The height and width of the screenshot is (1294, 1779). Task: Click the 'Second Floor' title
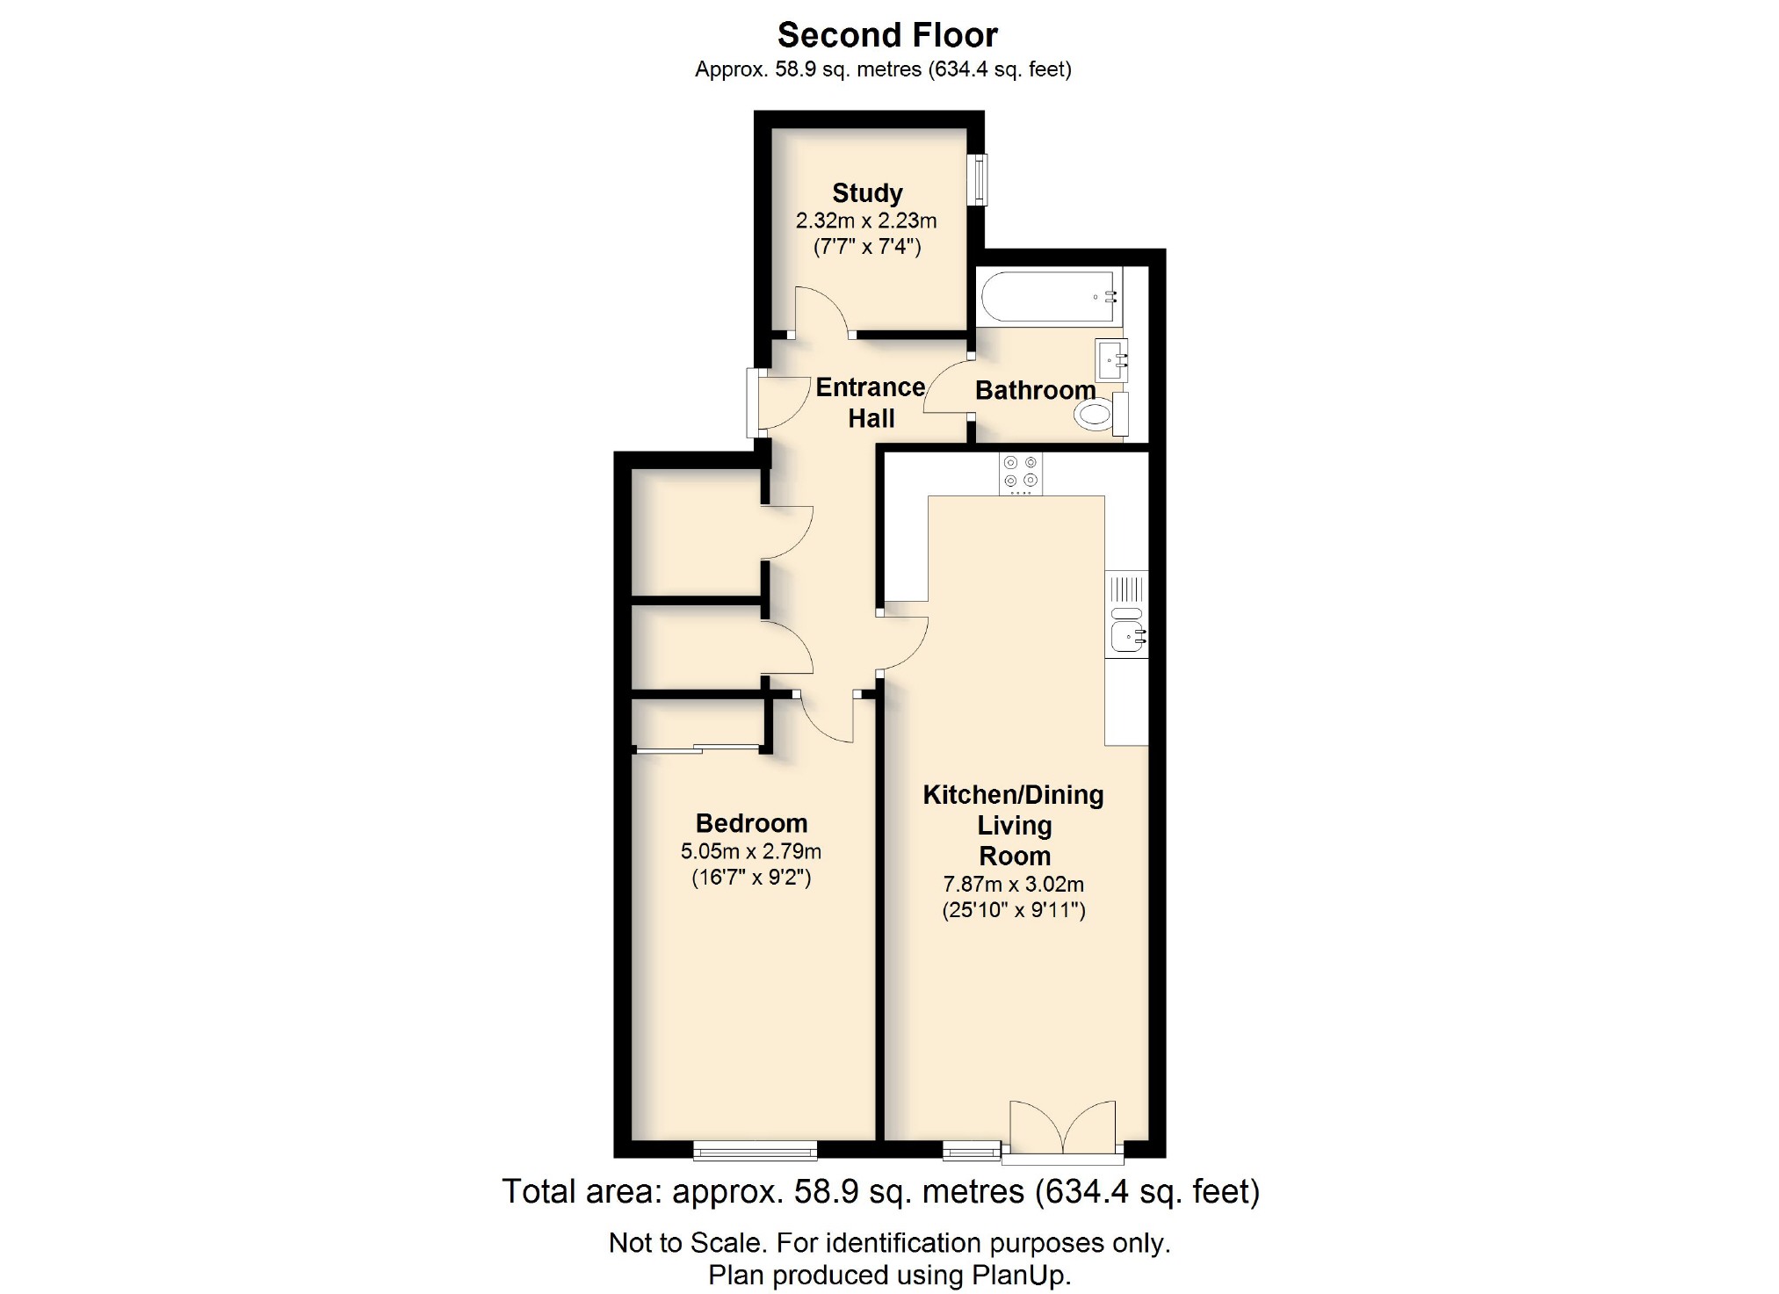[887, 35]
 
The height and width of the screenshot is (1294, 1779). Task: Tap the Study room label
[867, 192]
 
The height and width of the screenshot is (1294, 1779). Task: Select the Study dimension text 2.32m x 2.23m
[866, 220]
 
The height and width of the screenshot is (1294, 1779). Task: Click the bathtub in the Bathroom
[1048, 297]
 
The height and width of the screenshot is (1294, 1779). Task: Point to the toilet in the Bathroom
[1098, 414]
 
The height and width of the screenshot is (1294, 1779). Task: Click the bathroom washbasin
[1110, 359]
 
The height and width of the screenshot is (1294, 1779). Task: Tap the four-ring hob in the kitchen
[1020, 473]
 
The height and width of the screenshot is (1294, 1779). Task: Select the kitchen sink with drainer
[1126, 615]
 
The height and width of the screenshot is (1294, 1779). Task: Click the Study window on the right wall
[977, 180]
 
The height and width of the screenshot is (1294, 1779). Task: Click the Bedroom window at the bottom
[755, 1150]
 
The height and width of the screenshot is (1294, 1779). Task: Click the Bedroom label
[751, 823]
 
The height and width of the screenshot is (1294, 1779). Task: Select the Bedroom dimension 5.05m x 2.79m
[751, 851]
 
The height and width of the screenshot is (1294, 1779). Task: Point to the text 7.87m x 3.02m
[1013, 884]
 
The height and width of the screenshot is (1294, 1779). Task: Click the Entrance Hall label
[871, 402]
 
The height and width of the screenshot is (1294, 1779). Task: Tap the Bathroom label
[1035, 390]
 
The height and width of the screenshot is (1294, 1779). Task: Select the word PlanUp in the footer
[1020, 1275]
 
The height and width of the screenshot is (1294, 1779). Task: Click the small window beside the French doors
[972, 1150]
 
